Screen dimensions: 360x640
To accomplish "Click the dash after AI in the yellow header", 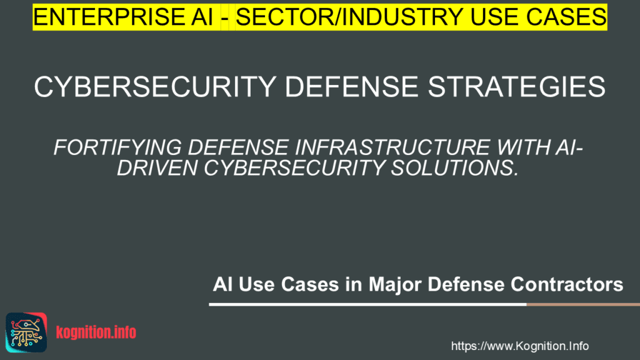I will click(x=222, y=17).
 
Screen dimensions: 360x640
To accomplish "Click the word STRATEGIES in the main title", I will click(x=521, y=87).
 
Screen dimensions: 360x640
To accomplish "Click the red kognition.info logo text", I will click(x=96, y=332).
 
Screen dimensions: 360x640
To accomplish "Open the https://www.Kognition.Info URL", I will click(x=519, y=346).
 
